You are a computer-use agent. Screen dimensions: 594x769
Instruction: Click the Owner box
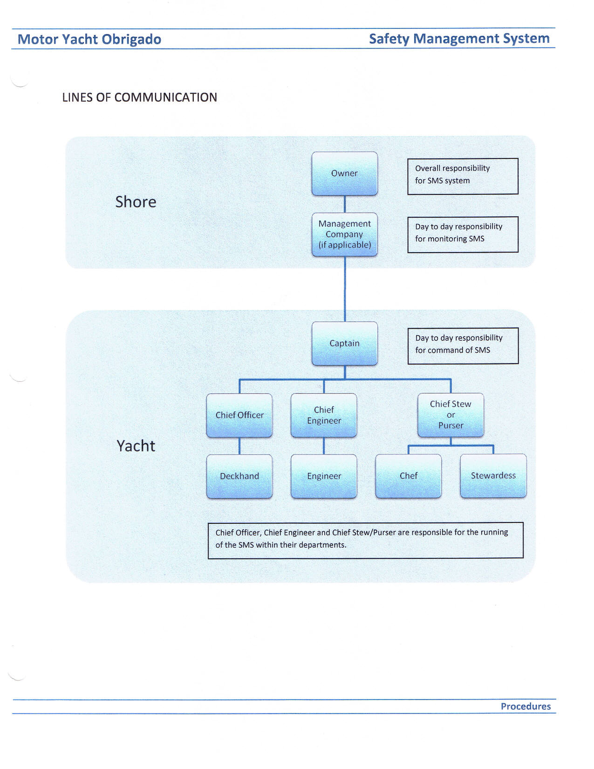[x=344, y=173]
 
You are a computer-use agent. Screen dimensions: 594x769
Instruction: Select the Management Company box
[x=344, y=234]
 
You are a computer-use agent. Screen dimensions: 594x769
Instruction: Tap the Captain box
[x=344, y=343]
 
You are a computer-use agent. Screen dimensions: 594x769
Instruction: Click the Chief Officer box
[x=239, y=415]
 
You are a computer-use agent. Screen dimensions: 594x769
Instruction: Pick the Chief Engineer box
[x=324, y=415]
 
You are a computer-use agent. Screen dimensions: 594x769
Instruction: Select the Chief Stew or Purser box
[x=451, y=415]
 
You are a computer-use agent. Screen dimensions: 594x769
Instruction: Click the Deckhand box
[x=239, y=476]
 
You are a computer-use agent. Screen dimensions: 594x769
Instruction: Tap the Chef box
[x=408, y=476]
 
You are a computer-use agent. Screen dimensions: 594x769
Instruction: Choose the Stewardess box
[x=493, y=476]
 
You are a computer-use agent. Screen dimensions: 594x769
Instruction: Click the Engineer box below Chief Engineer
[x=324, y=476]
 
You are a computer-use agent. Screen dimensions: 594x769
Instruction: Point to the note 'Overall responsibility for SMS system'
[x=463, y=176]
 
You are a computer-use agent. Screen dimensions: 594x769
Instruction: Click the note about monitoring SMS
[x=463, y=234]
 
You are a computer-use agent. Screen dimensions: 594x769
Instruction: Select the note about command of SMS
[x=463, y=346]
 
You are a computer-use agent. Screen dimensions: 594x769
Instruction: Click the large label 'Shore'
[x=136, y=202]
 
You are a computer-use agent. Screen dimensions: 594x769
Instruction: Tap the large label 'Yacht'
[x=136, y=446]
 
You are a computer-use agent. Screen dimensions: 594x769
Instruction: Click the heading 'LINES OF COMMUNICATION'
[x=140, y=97]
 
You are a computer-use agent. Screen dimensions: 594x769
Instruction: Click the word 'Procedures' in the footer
[x=526, y=707]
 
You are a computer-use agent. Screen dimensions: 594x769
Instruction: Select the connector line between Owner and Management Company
[x=345, y=204]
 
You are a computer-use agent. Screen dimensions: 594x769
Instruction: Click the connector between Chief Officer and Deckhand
[x=239, y=446]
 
